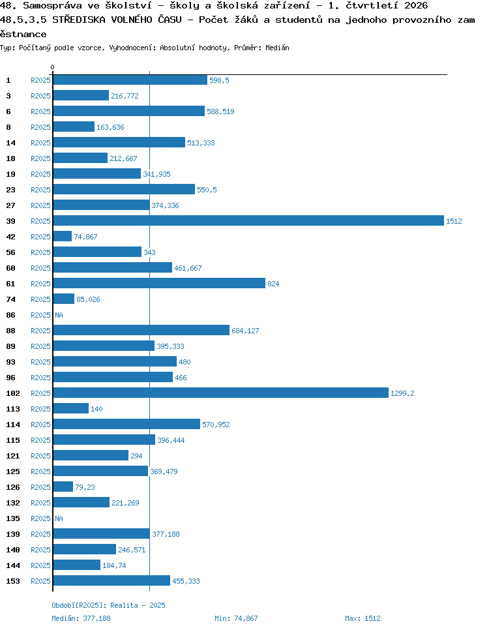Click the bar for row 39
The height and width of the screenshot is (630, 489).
[x=248, y=220]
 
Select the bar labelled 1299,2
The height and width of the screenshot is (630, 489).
[x=220, y=393]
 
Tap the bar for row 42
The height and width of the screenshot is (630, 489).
[x=63, y=236]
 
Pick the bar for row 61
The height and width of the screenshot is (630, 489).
[x=159, y=283]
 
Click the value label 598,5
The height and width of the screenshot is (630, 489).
[x=219, y=80]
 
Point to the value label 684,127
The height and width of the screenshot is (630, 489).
[x=245, y=331]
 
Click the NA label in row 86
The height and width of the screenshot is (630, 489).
[x=59, y=315]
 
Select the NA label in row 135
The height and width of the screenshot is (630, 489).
[x=59, y=518]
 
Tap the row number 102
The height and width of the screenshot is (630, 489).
[x=13, y=393]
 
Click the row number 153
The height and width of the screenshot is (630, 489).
[x=13, y=581]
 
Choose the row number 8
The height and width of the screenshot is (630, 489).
[x=8, y=127]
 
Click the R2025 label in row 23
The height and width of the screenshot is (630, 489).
[x=40, y=190]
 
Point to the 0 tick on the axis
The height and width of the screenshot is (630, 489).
[x=53, y=67]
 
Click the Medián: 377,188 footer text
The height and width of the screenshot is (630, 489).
[x=81, y=618]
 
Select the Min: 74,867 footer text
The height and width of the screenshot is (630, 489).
[x=236, y=618]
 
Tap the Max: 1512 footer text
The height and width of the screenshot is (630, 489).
[x=363, y=618]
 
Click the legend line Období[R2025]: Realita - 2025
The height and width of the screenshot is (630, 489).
[x=108, y=605]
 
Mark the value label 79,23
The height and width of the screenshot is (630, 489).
[x=85, y=487]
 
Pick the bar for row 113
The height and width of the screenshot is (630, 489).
[x=70, y=409]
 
